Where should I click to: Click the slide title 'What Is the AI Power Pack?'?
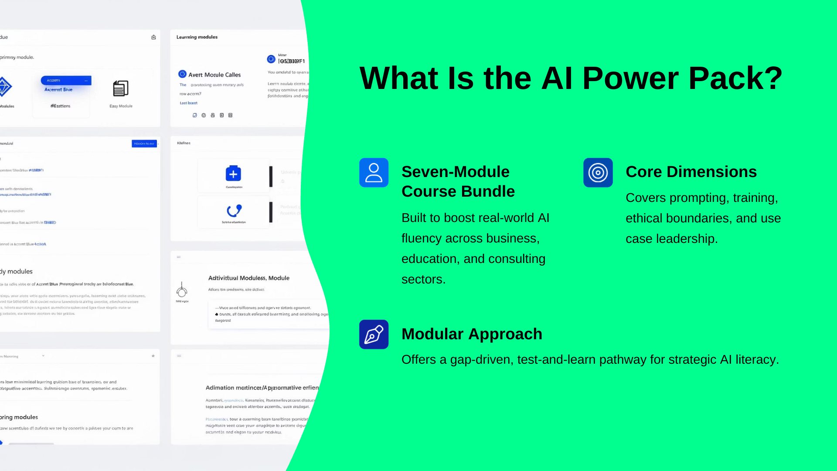(x=571, y=78)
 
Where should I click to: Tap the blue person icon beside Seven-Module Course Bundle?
(x=374, y=173)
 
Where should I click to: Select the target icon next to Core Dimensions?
(x=598, y=173)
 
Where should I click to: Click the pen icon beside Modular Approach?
(x=374, y=334)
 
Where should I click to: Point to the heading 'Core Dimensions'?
(x=691, y=172)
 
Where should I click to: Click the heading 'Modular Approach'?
(x=472, y=334)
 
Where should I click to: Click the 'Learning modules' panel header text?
(x=197, y=37)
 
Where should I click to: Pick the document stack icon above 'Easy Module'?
(x=121, y=89)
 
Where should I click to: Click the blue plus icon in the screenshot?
(x=233, y=174)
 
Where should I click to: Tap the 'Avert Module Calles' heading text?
(x=214, y=75)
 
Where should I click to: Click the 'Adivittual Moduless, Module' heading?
(x=248, y=278)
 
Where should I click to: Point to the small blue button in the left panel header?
(x=144, y=143)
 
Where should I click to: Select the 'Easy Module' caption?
(x=121, y=106)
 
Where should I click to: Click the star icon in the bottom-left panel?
(x=153, y=356)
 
